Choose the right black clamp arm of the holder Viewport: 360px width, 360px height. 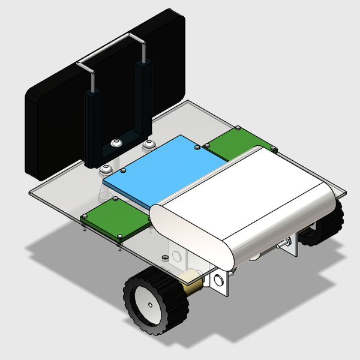(142, 96)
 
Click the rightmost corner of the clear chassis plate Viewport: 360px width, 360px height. (346, 193)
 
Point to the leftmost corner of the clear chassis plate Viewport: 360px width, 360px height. (30, 193)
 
